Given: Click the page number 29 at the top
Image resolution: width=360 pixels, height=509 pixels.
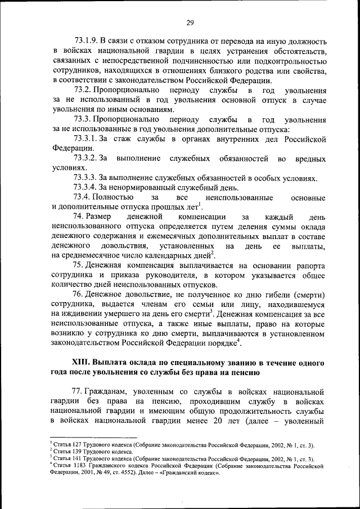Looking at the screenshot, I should pyautogui.click(x=190, y=22).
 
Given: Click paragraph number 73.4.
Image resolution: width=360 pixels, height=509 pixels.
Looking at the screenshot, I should pyautogui.click(x=82, y=197).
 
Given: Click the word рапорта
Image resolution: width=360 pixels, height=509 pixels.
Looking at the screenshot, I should pyautogui.click(x=310, y=265).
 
